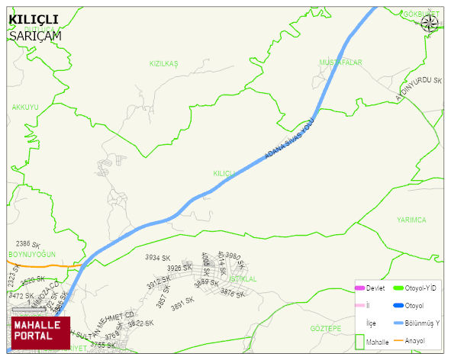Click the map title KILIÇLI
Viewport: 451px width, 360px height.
click(34, 19)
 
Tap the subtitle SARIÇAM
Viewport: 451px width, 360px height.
click(34, 35)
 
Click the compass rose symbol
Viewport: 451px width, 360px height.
click(429, 24)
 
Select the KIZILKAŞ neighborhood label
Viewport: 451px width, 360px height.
click(163, 63)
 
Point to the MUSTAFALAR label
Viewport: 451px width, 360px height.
click(340, 62)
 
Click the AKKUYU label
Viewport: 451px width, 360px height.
click(25, 108)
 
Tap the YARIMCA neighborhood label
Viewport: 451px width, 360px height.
click(411, 220)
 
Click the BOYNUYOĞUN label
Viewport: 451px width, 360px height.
click(32, 254)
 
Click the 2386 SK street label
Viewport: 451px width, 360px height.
click(27, 244)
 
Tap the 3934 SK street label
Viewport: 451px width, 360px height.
click(156, 258)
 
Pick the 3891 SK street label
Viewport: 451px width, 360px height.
click(183, 303)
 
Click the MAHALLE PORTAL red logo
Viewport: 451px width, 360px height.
click(40, 332)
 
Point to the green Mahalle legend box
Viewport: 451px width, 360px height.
click(359, 341)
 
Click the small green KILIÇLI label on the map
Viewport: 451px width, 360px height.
click(223, 173)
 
